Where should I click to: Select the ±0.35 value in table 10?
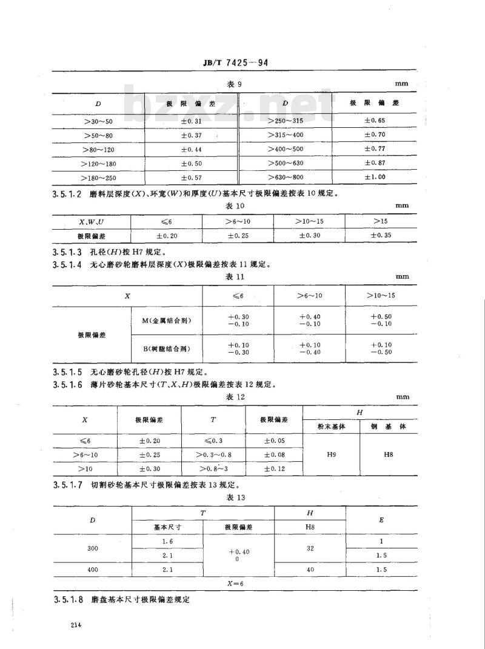(x=381, y=235)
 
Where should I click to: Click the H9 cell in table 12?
(x=331, y=453)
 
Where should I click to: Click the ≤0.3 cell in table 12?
(x=213, y=439)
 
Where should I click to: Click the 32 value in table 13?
(x=310, y=548)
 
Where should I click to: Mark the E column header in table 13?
(x=381, y=520)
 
